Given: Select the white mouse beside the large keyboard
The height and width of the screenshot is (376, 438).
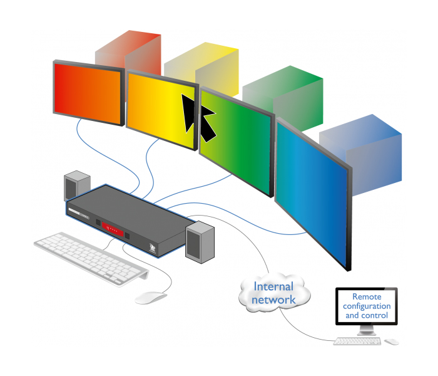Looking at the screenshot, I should pos(151,297).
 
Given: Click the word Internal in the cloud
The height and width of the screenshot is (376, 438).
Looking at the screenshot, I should pos(273,287).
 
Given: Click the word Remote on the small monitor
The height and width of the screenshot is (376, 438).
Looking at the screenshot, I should pos(367,296).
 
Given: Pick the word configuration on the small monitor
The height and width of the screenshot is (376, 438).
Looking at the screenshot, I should pos(367,306).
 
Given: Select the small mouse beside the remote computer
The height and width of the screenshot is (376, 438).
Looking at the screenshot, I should pos(391,342).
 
